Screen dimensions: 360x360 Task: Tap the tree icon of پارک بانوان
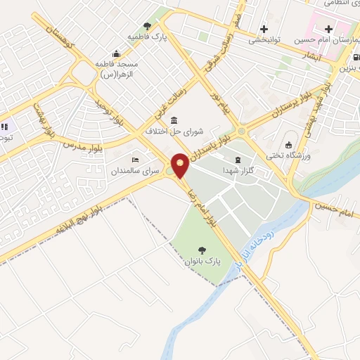click(203, 250)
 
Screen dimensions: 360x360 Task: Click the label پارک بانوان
click(203, 262)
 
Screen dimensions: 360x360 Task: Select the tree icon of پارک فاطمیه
click(147, 25)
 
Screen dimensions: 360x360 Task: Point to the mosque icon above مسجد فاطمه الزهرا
click(116, 53)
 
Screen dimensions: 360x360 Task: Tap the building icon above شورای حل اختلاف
click(174, 120)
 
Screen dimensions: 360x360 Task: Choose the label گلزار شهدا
click(238, 172)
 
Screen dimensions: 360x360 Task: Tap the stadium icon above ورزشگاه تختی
click(288, 144)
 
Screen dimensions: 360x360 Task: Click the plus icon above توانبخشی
click(264, 29)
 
